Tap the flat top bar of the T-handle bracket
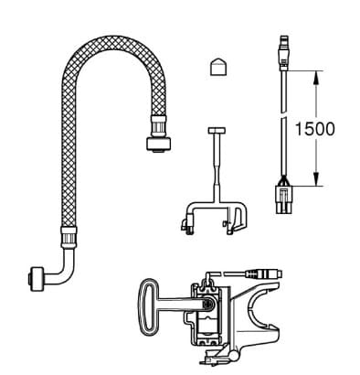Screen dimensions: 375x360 point(216,131)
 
